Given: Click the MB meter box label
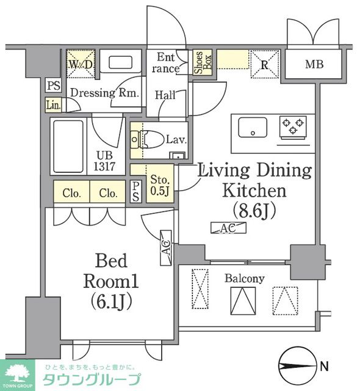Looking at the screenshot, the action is coord(314,64).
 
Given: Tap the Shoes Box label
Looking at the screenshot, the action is coord(203,62).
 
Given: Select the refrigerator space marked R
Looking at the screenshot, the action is coord(264,64).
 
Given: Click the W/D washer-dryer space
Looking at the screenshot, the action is coord(81,64).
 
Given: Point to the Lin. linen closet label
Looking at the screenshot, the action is coord(54,104).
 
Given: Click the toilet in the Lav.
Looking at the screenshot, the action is coord(149,139).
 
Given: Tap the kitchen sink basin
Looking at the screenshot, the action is coord(253,127).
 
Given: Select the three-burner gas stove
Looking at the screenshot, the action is coord(293,128).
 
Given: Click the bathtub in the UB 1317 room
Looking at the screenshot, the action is coord(68,147).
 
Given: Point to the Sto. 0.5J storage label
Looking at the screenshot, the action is coord(160,185).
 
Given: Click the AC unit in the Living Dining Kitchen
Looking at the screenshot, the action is coord(228,228).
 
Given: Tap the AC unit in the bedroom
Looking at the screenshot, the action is coord(166,247).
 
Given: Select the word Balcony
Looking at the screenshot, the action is coord(244,279).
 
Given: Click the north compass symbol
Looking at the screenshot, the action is coord(297,366).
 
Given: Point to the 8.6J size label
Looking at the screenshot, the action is coord(254,210).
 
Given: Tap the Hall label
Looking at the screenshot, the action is coord(165,95).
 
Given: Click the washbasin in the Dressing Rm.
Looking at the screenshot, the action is coord(120,62).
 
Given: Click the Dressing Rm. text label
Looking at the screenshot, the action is coord(104,93).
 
